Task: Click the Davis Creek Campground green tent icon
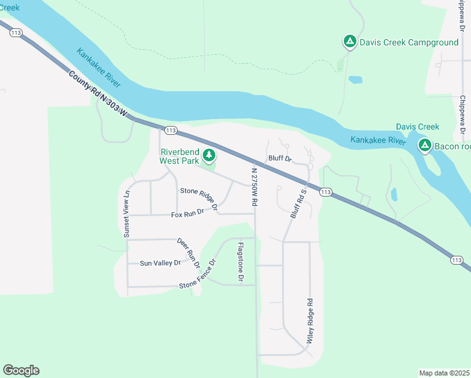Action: (x=349, y=42)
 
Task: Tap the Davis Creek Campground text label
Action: (x=400, y=42)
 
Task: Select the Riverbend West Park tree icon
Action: (x=208, y=155)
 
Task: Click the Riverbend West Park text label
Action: (x=179, y=156)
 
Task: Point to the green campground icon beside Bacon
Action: (x=425, y=146)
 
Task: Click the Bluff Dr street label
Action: (x=280, y=159)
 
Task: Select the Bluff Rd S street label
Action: (x=297, y=203)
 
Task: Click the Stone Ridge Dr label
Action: (x=199, y=198)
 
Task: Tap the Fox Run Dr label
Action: (x=188, y=214)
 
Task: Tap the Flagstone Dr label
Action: (x=240, y=260)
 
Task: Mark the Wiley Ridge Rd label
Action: (x=310, y=320)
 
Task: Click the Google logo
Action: (x=21, y=370)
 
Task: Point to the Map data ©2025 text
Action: (x=444, y=373)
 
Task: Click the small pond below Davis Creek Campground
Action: (x=355, y=80)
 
